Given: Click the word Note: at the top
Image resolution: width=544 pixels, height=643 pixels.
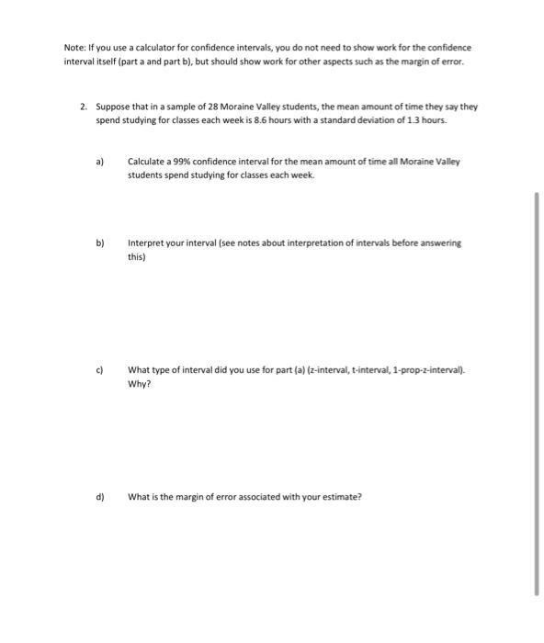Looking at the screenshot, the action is (x=75, y=47).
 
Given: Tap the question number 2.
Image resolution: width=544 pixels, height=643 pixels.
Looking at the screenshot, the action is (x=83, y=107).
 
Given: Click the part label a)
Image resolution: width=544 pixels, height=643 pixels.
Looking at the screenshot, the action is (x=100, y=161).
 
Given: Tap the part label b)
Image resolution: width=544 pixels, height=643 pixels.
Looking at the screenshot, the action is (x=100, y=243).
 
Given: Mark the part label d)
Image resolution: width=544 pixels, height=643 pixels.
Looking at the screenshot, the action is (x=100, y=497).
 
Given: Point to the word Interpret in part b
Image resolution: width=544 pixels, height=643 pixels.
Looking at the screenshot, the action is (x=146, y=243).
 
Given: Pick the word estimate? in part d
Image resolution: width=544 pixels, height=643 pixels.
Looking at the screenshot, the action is (x=341, y=497).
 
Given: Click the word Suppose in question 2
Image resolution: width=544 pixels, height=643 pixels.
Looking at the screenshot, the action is (x=114, y=107).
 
